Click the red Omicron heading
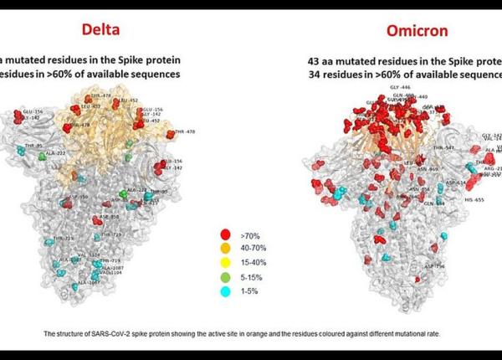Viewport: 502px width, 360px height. click(x=417, y=31)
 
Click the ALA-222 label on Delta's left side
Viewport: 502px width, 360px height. click(x=55, y=154)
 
